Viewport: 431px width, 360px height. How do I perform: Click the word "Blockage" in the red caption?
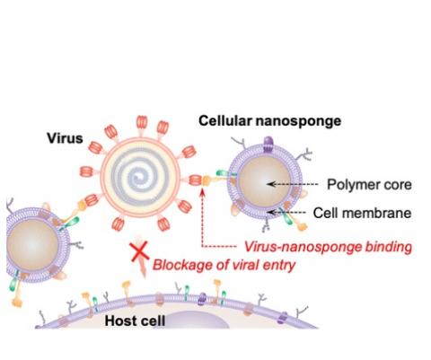pyautogui.click(x=176, y=264)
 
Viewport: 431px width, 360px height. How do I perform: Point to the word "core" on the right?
pyautogui.click(x=396, y=185)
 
